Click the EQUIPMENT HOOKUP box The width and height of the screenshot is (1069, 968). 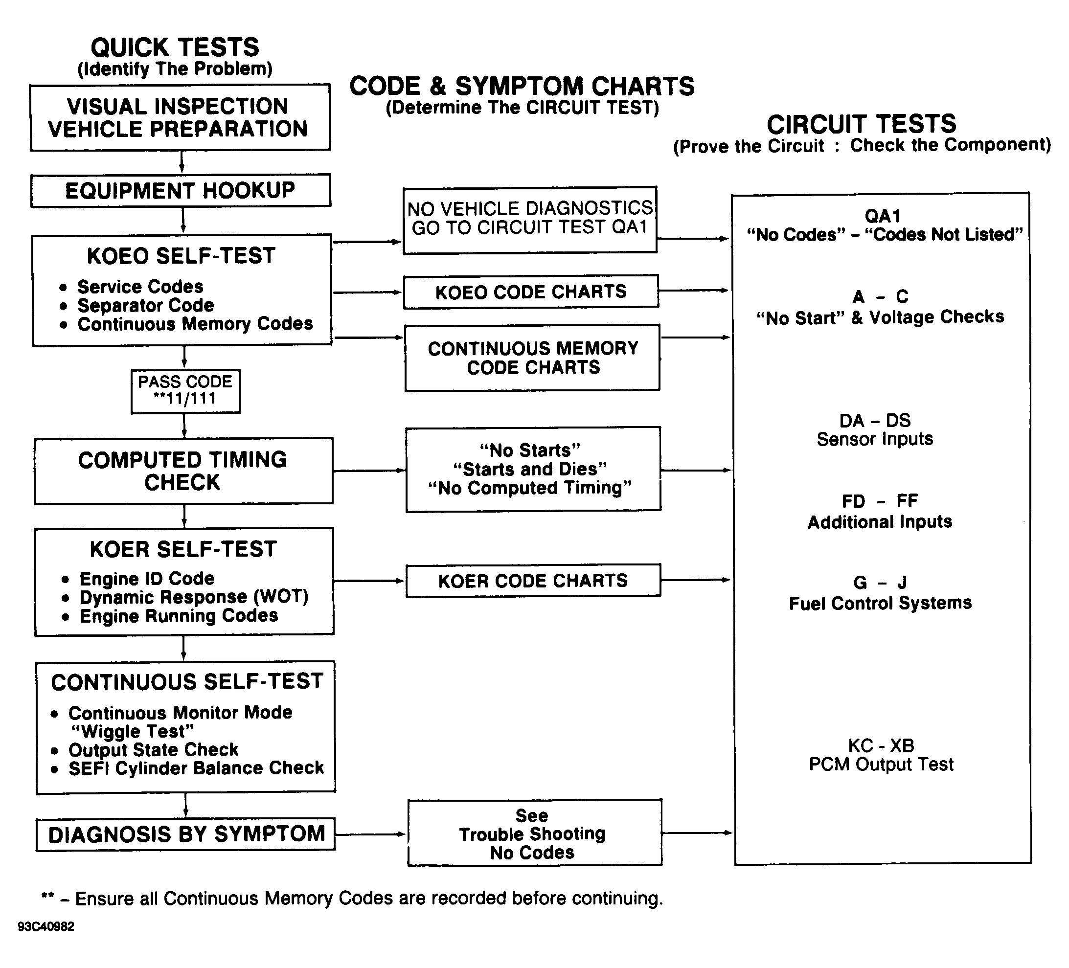click(x=181, y=190)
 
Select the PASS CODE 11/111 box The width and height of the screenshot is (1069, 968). click(x=185, y=391)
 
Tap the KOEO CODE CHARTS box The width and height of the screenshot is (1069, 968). click(x=531, y=292)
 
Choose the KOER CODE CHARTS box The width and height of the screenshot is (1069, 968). click(x=533, y=581)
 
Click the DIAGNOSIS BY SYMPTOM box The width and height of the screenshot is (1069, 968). click(x=185, y=834)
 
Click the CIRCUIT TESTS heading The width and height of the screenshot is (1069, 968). click(x=862, y=125)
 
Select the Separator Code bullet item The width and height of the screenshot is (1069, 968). click(x=145, y=305)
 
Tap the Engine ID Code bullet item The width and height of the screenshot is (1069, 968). click(x=147, y=578)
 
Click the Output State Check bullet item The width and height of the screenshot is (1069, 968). click(x=153, y=749)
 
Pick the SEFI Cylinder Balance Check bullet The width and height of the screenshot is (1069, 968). click(x=196, y=768)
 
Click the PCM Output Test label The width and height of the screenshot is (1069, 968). click(x=881, y=765)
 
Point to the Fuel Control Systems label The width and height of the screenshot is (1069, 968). click(x=880, y=603)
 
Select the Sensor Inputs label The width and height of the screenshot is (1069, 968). click(x=874, y=439)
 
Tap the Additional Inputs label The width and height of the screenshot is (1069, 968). click(x=880, y=521)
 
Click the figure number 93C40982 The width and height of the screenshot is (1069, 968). click(x=45, y=926)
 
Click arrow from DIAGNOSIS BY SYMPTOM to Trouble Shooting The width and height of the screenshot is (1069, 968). click(x=371, y=834)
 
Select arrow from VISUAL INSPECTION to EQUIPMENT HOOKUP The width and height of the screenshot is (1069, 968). click(x=182, y=162)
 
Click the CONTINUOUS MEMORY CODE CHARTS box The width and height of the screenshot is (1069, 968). click(x=532, y=358)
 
